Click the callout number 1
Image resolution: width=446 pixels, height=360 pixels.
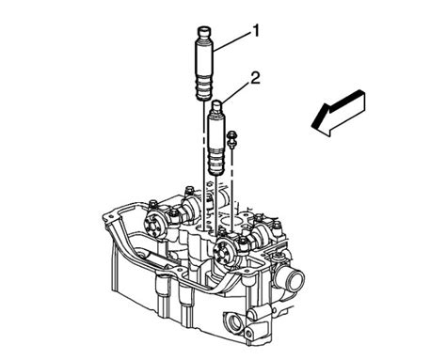(x=256, y=32)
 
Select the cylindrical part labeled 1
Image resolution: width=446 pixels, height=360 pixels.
(x=205, y=65)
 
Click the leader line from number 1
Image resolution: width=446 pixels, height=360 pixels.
(x=231, y=39)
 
